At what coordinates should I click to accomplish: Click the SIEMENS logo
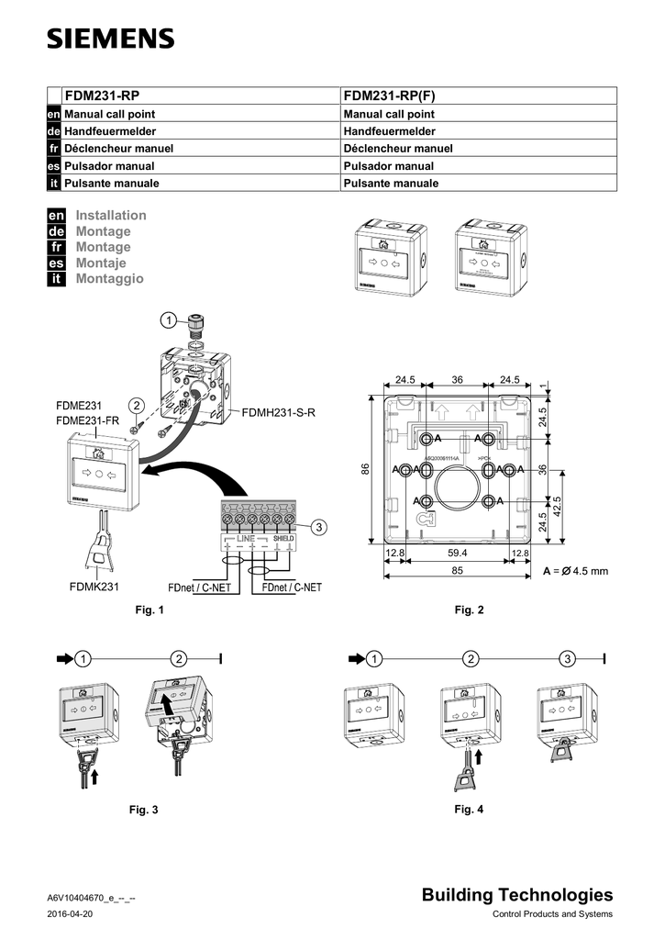(x=109, y=39)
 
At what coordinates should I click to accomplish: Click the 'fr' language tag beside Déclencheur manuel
(x=54, y=149)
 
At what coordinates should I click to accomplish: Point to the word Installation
(x=110, y=216)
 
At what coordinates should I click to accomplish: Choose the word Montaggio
(x=109, y=278)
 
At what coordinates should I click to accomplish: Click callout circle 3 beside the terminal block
(x=317, y=527)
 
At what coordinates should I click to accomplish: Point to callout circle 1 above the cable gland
(x=167, y=320)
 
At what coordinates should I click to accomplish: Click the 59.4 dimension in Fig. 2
(x=458, y=553)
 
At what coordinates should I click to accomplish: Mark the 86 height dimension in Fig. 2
(x=365, y=469)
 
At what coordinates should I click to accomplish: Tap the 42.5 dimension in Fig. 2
(x=557, y=505)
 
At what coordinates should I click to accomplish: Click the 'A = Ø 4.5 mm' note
(x=575, y=571)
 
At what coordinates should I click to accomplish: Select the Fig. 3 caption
(x=146, y=810)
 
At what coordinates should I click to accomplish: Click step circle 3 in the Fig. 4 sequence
(x=569, y=659)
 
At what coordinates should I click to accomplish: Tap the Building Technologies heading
(x=517, y=895)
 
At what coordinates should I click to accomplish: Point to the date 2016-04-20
(x=69, y=915)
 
